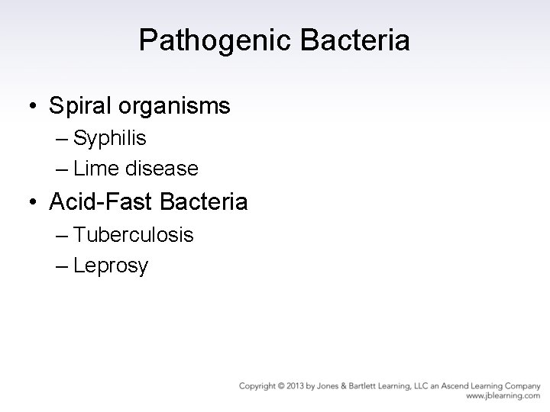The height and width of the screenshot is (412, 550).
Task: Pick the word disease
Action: [x=163, y=168]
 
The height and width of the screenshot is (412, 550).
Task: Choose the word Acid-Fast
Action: [x=98, y=201]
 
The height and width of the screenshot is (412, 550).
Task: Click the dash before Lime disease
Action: [x=63, y=169]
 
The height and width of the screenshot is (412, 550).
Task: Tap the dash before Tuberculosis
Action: [x=63, y=236]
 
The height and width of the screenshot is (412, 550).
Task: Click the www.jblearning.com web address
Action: [x=503, y=397]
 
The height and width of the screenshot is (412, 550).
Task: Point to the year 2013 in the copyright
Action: [x=293, y=386]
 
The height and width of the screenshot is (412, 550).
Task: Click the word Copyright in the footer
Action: [x=257, y=386]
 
